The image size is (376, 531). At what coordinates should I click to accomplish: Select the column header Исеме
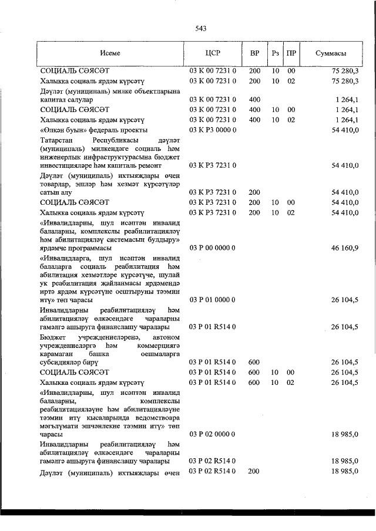(110, 53)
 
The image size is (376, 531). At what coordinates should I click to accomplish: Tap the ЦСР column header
(213, 53)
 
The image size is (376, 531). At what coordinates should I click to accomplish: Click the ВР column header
(255, 53)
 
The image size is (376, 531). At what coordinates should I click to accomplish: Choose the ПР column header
(291, 53)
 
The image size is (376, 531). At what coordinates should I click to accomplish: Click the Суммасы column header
(330, 53)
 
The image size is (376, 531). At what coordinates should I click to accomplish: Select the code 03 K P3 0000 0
(213, 129)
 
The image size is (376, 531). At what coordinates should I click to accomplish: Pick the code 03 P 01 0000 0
(213, 300)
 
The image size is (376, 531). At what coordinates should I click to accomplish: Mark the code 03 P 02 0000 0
(213, 434)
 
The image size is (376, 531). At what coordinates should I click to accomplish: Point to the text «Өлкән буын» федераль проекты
(94, 129)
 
